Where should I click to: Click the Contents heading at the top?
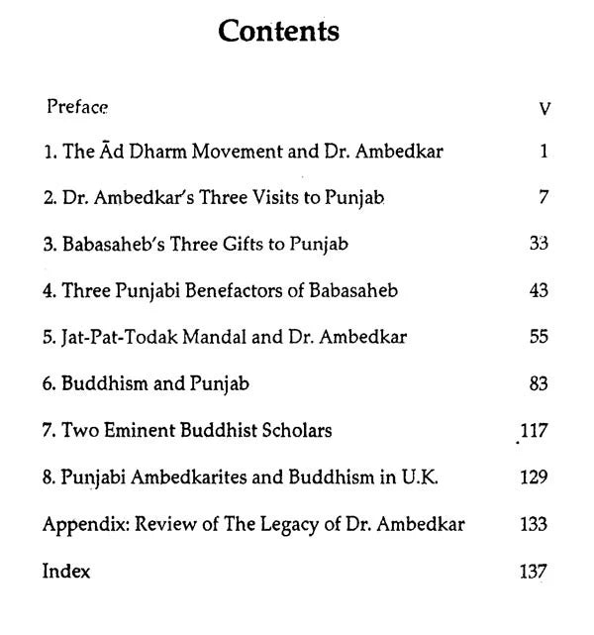[278, 31]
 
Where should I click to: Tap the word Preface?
[76, 105]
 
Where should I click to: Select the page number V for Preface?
[544, 108]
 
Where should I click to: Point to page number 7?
[544, 197]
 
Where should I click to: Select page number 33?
[539, 244]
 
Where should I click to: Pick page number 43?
[539, 290]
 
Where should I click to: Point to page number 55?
[539, 337]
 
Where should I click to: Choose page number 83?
[539, 383]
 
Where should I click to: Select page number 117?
[535, 430]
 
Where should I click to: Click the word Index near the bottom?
[66, 571]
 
